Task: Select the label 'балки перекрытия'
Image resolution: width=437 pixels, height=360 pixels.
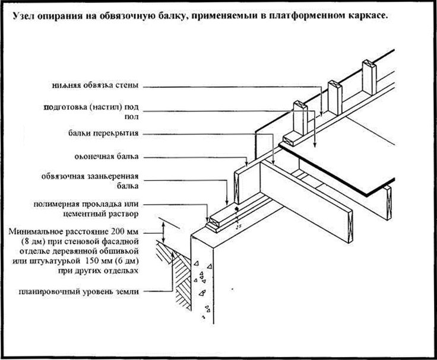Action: tap(106, 133)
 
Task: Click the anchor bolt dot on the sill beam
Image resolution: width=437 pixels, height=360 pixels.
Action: tap(236, 210)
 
